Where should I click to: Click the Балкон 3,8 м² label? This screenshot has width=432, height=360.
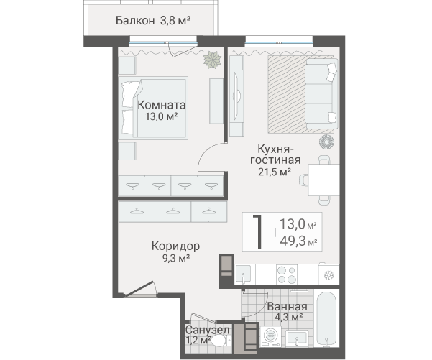coord(153,21)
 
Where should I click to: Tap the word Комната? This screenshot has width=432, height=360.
coord(162,105)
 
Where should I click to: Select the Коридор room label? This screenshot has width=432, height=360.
coord(175,246)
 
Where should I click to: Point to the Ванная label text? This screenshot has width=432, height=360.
coord(287,307)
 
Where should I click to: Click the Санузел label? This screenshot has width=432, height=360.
coord(207,330)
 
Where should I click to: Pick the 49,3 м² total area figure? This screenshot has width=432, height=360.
coord(298,241)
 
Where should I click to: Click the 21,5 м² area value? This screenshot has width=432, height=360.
coord(275,172)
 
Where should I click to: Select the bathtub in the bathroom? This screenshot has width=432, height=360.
coord(326,318)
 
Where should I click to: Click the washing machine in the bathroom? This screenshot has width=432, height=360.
coord(271,336)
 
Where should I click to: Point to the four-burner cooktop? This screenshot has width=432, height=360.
coord(287,274)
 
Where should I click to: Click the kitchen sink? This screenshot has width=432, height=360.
coord(243,274)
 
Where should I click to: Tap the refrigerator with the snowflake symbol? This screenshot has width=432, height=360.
coord(328,274)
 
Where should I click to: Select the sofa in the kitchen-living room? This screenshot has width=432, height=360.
coord(322,93)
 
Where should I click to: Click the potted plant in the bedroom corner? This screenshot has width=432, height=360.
coord(212,60)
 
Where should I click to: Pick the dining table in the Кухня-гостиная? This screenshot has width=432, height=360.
coord(323,180)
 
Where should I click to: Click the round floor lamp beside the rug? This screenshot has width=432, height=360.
coord(326,142)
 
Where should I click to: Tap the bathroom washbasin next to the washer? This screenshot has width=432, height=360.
coord(296,338)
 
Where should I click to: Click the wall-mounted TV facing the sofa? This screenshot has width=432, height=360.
coord(236,96)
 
